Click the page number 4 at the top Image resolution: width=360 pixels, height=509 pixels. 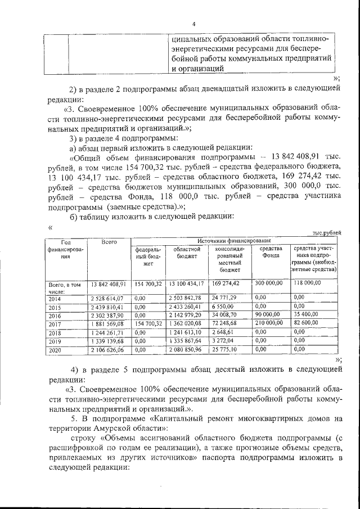click(193, 24)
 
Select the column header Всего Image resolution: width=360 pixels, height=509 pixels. click(109, 242)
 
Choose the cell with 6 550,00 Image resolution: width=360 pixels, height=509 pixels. click(222, 307)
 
